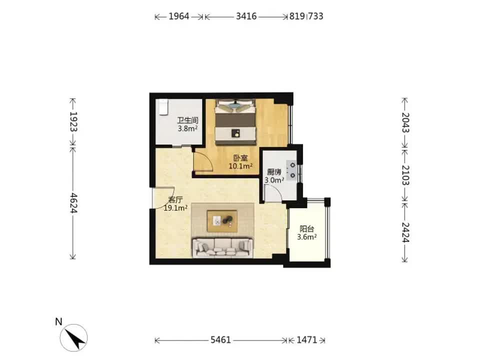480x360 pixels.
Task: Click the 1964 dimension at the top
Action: [x=179, y=16]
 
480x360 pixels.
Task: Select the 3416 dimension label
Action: [x=246, y=16]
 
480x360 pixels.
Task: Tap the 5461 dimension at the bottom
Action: [x=220, y=340]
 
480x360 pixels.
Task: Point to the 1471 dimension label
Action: [x=306, y=340]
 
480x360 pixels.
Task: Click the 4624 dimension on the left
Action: [x=73, y=203]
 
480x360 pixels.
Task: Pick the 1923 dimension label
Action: [x=73, y=121]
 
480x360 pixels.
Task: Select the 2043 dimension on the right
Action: [x=405, y=122]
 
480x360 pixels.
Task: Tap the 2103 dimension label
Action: [x=405, y=175]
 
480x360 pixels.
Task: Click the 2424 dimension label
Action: [x=405, y=232]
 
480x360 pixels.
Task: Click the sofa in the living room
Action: [x=222, y=247]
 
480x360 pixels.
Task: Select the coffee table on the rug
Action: [x=222, y=220]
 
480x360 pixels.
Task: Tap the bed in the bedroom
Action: [x=235, y=121]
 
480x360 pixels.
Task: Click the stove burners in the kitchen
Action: [x=292, y=170]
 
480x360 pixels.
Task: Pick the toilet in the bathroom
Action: [x=163, y=107]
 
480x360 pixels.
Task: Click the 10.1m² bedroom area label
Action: [x=240, y=166]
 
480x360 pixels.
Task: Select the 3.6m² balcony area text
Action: [x=306, y=236]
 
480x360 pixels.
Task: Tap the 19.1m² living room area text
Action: [x=175, y=208]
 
